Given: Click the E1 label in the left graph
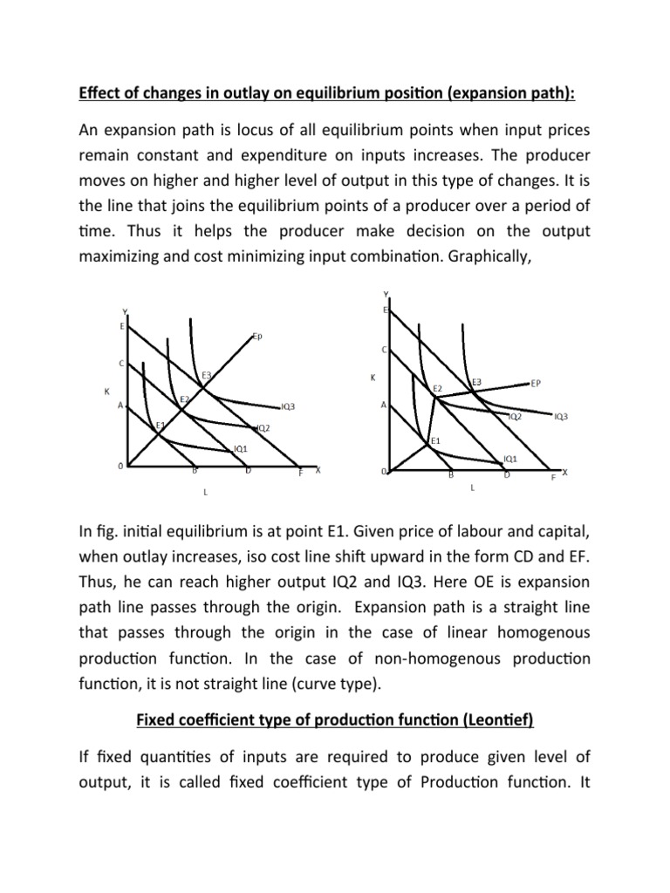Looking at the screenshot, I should coord(160,425).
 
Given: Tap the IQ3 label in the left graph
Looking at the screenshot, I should coord(288,406).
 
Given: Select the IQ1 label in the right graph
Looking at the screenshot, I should coord(510,458).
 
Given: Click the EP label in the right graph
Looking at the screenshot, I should coord(536,383).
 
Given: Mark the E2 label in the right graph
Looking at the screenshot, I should coord(437,387).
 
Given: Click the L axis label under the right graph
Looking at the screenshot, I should coord(472,488).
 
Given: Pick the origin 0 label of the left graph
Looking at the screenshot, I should coord(120,467).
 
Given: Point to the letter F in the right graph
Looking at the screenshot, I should coord(551,479).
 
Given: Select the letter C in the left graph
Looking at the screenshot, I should coord(120,363).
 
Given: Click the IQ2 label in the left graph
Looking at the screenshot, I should coord(263,428).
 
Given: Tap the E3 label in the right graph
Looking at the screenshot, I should coord(477,382).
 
